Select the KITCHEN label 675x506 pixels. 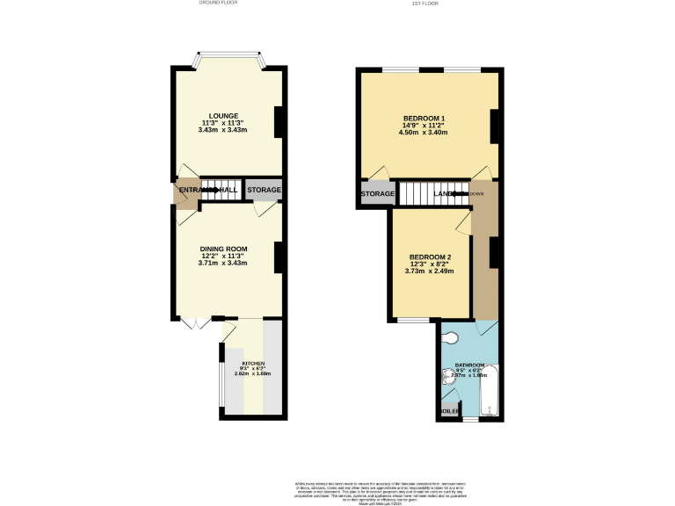coord(253,363)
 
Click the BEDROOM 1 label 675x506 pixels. coord(424,118)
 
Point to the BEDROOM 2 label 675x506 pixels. coord(429,257)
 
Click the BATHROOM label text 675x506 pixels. coord(469,365)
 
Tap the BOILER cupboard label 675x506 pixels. coord(450,410)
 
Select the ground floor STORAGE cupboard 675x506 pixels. coord(264,190)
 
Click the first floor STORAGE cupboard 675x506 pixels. coord(378,193)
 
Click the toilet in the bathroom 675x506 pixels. coord(451,339)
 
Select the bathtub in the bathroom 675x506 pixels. coord(490,390)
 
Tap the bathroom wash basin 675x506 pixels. coord(447,379)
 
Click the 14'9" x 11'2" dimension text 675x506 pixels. coord(424,126)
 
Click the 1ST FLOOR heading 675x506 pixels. coord(425,3)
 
